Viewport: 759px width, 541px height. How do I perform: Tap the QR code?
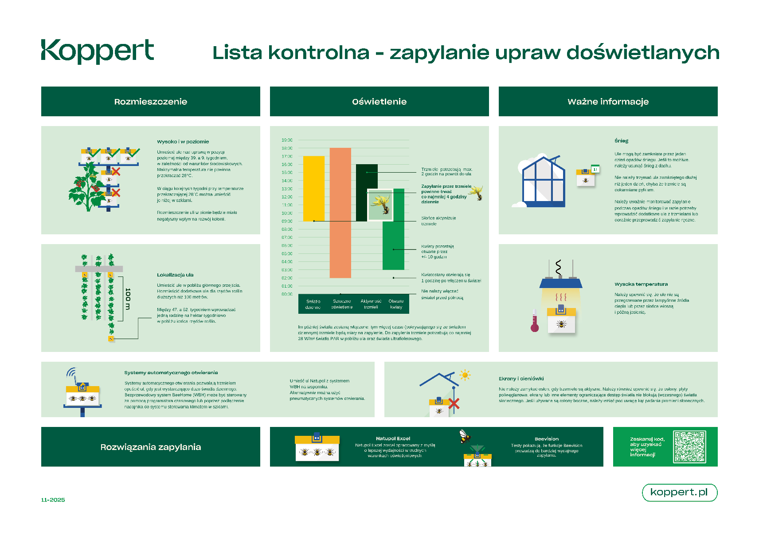(x=689, y=447)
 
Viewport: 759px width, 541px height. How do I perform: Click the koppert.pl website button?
(x=679, y=492)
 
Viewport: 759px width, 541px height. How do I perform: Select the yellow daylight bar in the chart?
(x=313, y=188)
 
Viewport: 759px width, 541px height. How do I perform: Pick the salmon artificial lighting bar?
(x=340, y=213)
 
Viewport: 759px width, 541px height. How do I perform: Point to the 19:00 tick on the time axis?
(x=287, y=140)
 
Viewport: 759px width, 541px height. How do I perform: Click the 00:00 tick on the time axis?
(x=287, y=294)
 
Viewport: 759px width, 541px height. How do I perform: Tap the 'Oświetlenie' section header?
(x=379, y=102)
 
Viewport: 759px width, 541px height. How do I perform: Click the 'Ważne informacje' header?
(x=608, y=102)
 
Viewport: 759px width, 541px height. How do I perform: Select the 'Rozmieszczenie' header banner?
(x=150, y=102)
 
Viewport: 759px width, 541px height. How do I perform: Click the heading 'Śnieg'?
(x=621, y=141)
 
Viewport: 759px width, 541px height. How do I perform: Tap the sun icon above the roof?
(x=465, y=375)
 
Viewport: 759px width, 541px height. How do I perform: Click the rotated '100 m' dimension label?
(x=128, y=299)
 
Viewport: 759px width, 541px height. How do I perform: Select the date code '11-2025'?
(x=53, y=500)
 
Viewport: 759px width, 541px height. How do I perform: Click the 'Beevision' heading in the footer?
(x=546, y=439)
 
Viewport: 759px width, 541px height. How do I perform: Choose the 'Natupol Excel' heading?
(x=393, y=438)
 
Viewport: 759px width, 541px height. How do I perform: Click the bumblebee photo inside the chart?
(x=380, y=205)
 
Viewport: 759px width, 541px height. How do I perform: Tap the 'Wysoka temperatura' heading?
(x=641, y=284)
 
